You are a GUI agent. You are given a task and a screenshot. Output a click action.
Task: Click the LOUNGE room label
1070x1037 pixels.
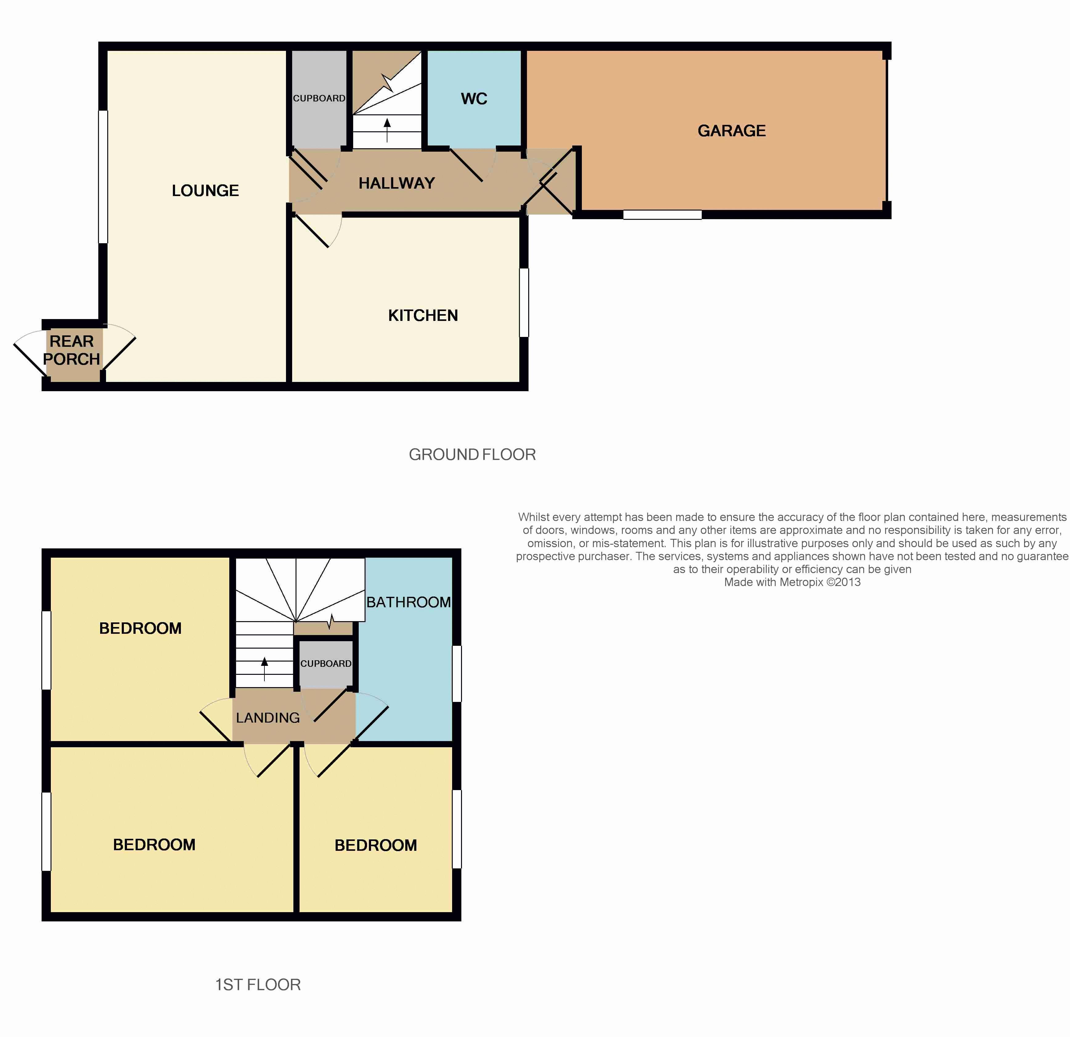[x=205, y=191]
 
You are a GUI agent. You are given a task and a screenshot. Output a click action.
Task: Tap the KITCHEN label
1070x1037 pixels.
[x=423, y=316]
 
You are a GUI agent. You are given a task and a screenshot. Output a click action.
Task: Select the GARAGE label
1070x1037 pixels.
[x=732, y=131]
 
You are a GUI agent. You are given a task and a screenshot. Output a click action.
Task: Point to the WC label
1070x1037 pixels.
[x=474, y=99]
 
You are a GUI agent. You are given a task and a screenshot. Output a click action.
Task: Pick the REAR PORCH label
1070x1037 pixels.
[x=71, y=350]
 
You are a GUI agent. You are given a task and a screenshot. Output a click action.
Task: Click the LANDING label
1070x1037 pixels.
[x=267, y=718]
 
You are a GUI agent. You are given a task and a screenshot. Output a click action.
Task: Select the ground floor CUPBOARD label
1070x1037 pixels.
[x=319, y=98]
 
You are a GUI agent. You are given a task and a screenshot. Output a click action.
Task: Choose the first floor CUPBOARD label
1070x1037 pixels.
[x=326, y=663]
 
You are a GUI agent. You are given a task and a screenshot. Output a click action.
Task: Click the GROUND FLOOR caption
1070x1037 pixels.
[x=472, y=454]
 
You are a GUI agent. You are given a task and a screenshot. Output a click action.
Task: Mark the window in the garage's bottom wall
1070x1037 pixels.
[x=662, y=215]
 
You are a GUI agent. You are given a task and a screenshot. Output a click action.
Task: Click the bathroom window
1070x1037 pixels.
[x=457, y=673]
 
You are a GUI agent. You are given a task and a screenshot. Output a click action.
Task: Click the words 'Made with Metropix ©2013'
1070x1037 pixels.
[x=792, y=582]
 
